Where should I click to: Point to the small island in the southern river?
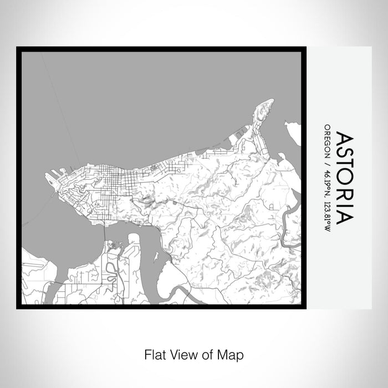[x=156, y=257]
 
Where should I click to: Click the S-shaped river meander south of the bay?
[x=111, y=272]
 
